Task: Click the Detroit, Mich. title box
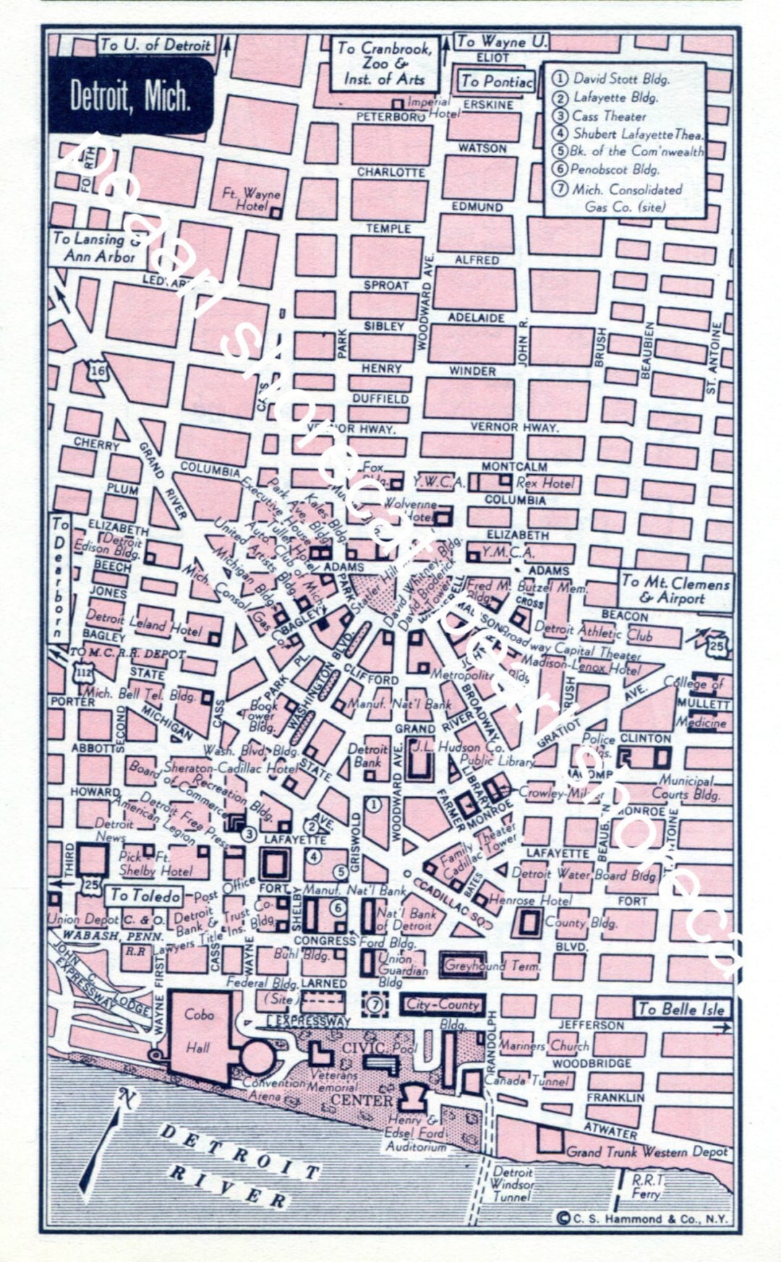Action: pyautogui.click(x=131, y=95)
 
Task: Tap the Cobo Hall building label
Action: pyautogui.click(x=198, y=1031)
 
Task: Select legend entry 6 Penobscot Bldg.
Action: pyautogui.click(x=615, y=170)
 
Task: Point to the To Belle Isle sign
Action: pyautogui.click(x=681, y=1009)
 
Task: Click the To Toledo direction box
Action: pyautogui.click(x=145, y=896)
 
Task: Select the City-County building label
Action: pyautogui.click(x=443, y=1005)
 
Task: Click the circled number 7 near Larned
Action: pyautogui.click(x=374, y=1004)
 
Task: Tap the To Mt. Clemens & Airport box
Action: pyautogui.click(x=674, y=590)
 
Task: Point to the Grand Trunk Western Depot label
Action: pyautogui.click(x=646, y=1151)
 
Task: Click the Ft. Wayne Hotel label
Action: pyautogui.click(x=251, y=199)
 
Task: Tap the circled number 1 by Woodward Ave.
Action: pyautogui.click(x=374, y=804)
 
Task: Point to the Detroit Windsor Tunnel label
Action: pyautogui.click(x=512, y=1184)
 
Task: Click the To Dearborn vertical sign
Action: pyautogui.click(x=60, y=578)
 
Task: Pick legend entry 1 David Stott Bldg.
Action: pyautogui.click(x=613, y=79)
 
